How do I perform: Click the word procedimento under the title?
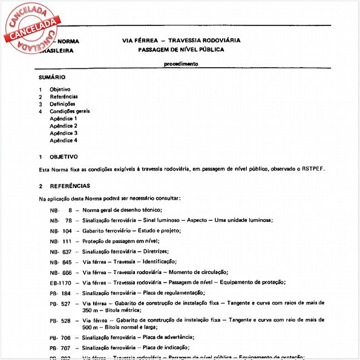tap(180, 64)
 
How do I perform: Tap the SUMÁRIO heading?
tap(52, 78)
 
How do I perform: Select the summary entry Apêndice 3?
tap(64, 133)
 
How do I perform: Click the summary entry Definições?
tap(62, 104)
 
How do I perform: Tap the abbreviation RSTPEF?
tap(313, 169)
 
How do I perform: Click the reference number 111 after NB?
tap(67, 241)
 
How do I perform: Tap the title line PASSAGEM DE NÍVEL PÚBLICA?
tap(180, 50)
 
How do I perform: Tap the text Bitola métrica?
tap(122, 309)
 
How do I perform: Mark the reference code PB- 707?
tap(61, 349)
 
